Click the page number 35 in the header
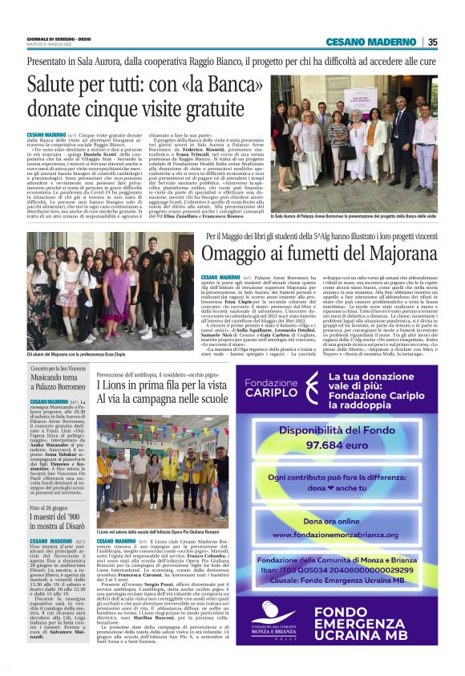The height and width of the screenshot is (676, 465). coord(432,42)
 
